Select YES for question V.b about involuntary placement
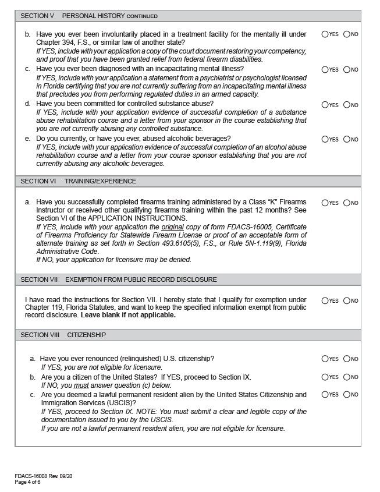(x=325, y=34)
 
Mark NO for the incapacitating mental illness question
(x=347, y=70)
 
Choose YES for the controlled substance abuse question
(x=325, y=105)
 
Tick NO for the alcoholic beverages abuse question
(x=347, y=140)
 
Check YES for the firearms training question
(x=325, y=203)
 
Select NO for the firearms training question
(x=347, y=203)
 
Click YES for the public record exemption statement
(x=325, y=301)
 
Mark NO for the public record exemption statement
(x=347, y=301)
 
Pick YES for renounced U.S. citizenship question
(x=325, y=360)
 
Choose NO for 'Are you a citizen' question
(x=347, y=377)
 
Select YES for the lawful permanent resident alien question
(x=325, y=395)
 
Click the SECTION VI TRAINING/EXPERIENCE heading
(x=78, y=181)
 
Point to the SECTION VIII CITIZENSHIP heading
(x=63, y=335)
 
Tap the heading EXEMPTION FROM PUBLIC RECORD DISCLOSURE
(x=141, y=279)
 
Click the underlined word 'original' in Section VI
(x=173, y=226)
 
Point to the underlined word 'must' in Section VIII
(x=81, y=385)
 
